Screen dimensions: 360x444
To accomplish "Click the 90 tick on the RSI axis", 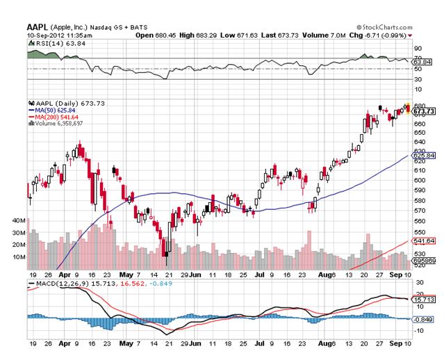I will (x=418, y=49).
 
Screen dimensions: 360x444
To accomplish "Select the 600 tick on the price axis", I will (x=419, y=180).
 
